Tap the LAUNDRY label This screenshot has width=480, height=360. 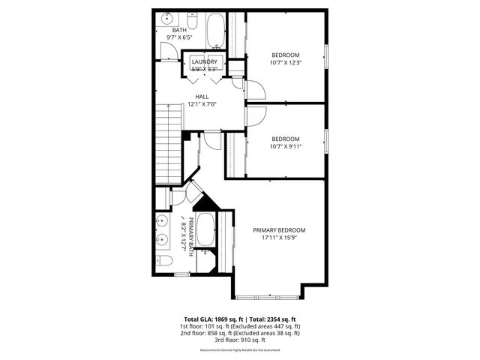(204, 61)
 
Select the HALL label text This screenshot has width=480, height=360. (202, 97)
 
